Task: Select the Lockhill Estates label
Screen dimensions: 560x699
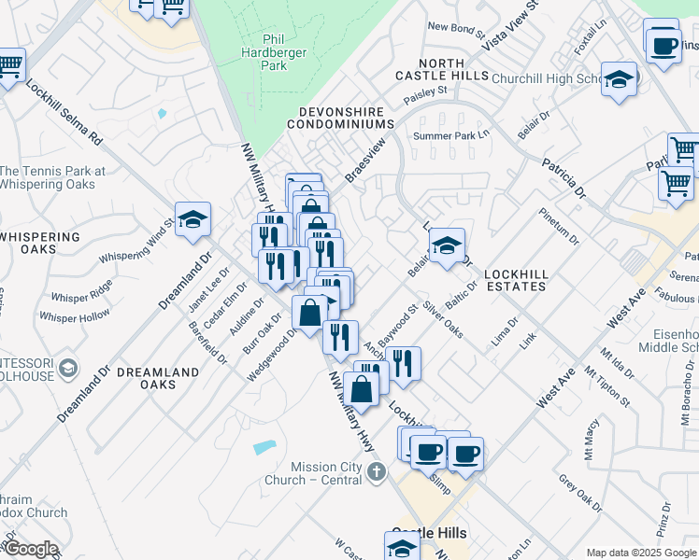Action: click(x=515, y=280)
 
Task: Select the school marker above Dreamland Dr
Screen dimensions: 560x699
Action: click(x=193, y=220)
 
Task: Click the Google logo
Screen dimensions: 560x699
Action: click(x=30, y=549)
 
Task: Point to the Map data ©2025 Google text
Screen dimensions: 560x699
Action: click(x=640, y=552)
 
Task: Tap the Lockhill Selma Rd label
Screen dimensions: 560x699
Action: click(x=64, y=111)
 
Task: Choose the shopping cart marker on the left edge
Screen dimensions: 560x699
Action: click(x=8, y=66)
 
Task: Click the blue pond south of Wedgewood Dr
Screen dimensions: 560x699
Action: click(x=264, y=447)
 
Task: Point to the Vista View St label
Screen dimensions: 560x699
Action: click(x=511, y=25)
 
